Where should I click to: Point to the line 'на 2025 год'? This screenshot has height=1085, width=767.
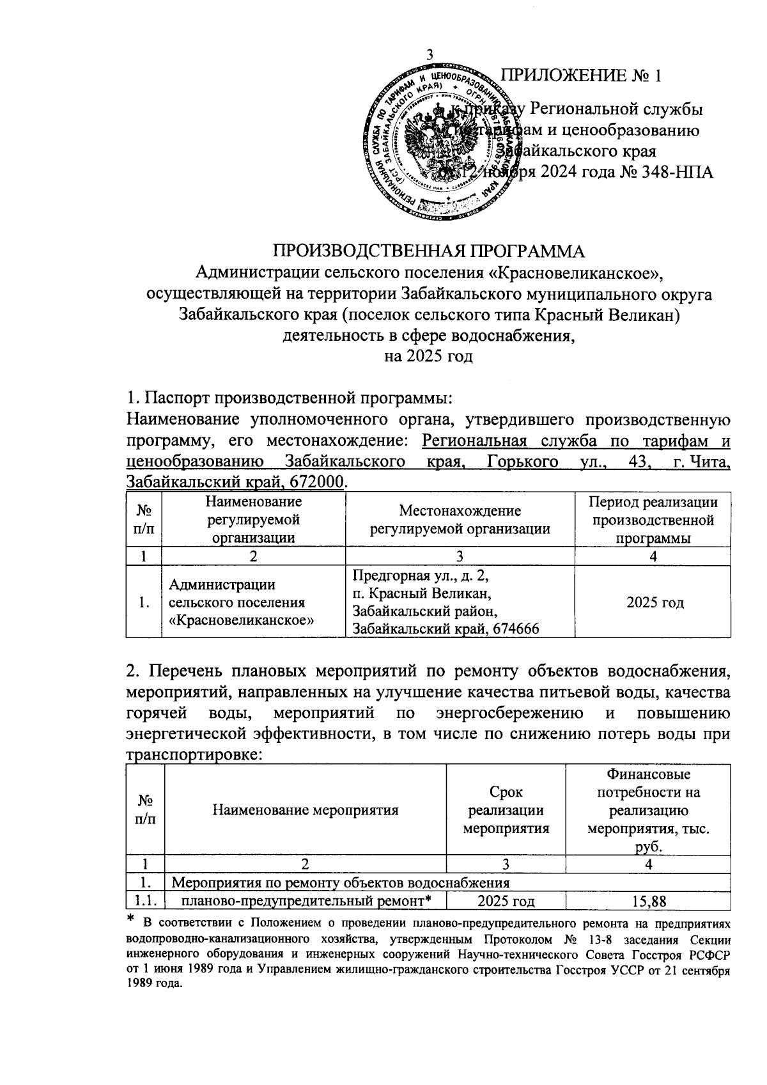click(428, 356)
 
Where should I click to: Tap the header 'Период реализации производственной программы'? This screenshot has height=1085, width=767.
click(653, 520)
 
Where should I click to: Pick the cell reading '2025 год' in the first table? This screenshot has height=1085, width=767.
click(655, 602)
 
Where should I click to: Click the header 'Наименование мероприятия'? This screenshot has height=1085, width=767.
click(305, 810)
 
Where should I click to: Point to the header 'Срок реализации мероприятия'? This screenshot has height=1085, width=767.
click(506, 810)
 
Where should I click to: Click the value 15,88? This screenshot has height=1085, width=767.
click(648, 902)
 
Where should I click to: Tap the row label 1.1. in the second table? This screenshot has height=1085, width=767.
click(146, 902)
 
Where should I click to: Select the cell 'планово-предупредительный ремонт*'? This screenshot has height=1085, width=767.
click(305, 902)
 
